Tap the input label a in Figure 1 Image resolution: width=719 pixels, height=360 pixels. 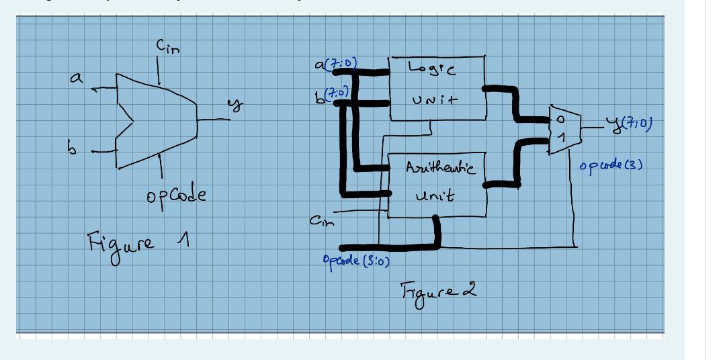tap(79, 79)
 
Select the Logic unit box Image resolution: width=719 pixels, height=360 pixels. tap(437, 88)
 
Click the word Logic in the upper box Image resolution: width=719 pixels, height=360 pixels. tap(429, 68)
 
